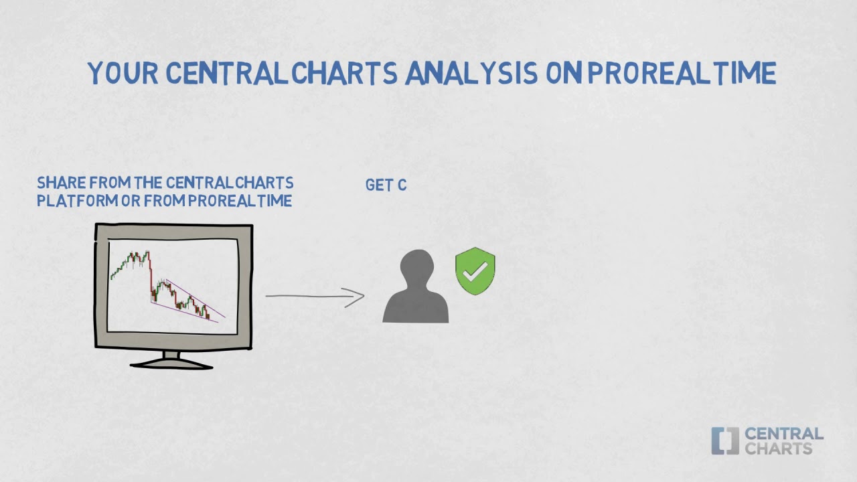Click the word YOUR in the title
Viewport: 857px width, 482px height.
pos(123,74)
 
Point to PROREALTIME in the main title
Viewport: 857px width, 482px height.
pos(682,74)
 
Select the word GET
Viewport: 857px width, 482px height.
pos(379,185)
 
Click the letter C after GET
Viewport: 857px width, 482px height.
pos(402,185)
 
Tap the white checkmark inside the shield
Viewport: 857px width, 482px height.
pos(475,270)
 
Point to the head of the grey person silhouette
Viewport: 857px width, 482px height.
pos(416,266)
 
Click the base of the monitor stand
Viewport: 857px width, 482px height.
pos(171,364)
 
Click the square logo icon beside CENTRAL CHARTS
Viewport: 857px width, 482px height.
pos(724,440)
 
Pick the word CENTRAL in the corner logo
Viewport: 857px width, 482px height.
pos(783,434)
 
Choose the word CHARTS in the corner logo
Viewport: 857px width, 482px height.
pos(778,449)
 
